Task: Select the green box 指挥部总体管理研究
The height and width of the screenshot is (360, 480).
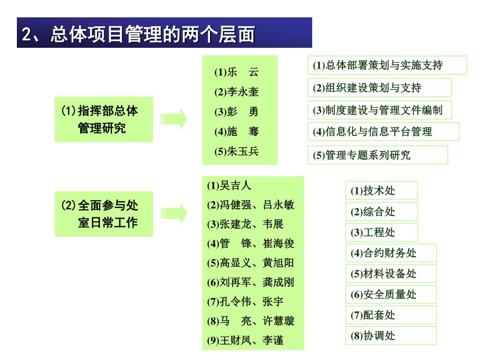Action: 104,120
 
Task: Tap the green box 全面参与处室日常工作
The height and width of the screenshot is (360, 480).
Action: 104,214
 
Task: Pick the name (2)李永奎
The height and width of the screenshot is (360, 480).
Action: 237,92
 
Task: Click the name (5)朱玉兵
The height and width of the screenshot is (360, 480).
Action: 237,151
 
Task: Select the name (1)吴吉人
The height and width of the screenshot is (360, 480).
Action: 229,186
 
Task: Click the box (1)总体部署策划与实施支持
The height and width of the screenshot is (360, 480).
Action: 387,65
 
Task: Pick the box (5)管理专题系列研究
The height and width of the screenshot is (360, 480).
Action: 378,155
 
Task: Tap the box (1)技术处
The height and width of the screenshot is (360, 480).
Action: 382,191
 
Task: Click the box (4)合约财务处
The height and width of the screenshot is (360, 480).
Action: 391,253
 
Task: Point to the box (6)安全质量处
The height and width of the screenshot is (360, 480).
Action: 391,294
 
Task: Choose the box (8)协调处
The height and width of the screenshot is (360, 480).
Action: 391,336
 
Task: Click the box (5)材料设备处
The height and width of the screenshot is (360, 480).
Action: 391,274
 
